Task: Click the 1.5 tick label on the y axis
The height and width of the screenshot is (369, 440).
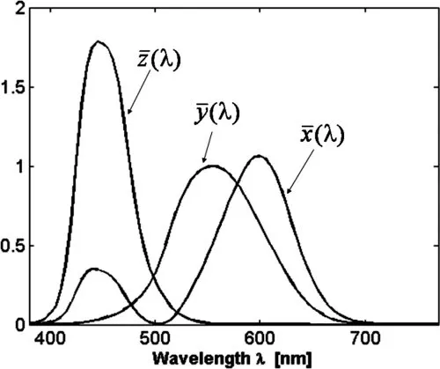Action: coord(13,87)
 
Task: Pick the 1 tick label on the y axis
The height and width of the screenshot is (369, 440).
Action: coord(18,166)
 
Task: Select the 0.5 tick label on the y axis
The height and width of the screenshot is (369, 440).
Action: coord(13,246)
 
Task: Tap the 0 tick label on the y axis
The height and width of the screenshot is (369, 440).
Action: coord(18,324)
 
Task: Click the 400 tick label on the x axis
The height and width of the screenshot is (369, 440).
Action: coord(50,338)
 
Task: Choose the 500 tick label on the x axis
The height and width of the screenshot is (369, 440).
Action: coord(155,338)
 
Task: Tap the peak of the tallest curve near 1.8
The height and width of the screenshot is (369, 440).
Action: coord(98,41)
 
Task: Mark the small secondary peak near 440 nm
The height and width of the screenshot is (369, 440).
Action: coord(93,269)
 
